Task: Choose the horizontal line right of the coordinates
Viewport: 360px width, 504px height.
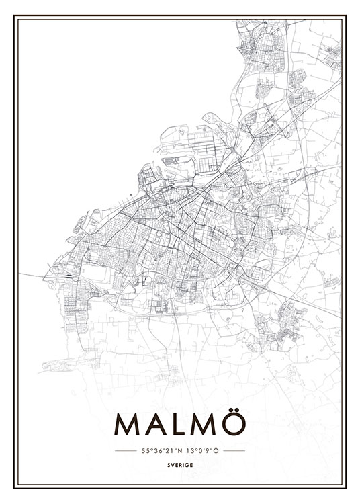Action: pyautogui.click(x=234, y=450)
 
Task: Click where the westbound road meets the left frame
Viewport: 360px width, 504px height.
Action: pyautogui.click(x=15, y=271)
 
